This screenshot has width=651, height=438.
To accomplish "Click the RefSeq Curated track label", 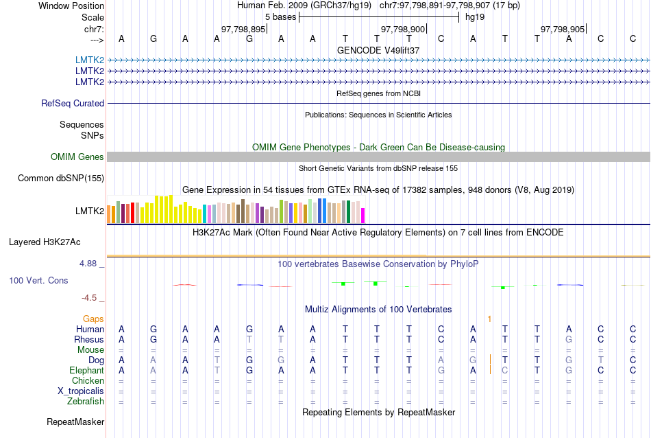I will [73, 104].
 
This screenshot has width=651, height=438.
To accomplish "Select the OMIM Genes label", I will [77, 157].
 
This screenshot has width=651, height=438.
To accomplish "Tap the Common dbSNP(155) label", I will [61, 178].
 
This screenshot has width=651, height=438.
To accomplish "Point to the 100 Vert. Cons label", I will [38, 281].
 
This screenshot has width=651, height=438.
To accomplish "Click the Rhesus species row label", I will [89, 340].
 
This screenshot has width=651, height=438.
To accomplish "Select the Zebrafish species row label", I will [86, 402].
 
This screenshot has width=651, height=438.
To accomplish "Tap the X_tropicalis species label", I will [81, 391].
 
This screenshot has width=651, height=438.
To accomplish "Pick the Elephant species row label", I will [86, 371].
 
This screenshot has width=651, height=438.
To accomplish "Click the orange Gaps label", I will [93, 319].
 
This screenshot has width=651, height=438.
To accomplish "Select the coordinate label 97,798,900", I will [403, 30].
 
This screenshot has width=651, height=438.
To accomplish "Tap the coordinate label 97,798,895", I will [243, 30].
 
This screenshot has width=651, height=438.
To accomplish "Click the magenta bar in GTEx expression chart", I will [363, 215].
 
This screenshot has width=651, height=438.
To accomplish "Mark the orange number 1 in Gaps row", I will [489, 319].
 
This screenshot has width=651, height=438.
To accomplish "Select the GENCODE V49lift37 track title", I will [378, 50].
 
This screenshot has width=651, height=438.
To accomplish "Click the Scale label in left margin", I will [93, 17].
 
